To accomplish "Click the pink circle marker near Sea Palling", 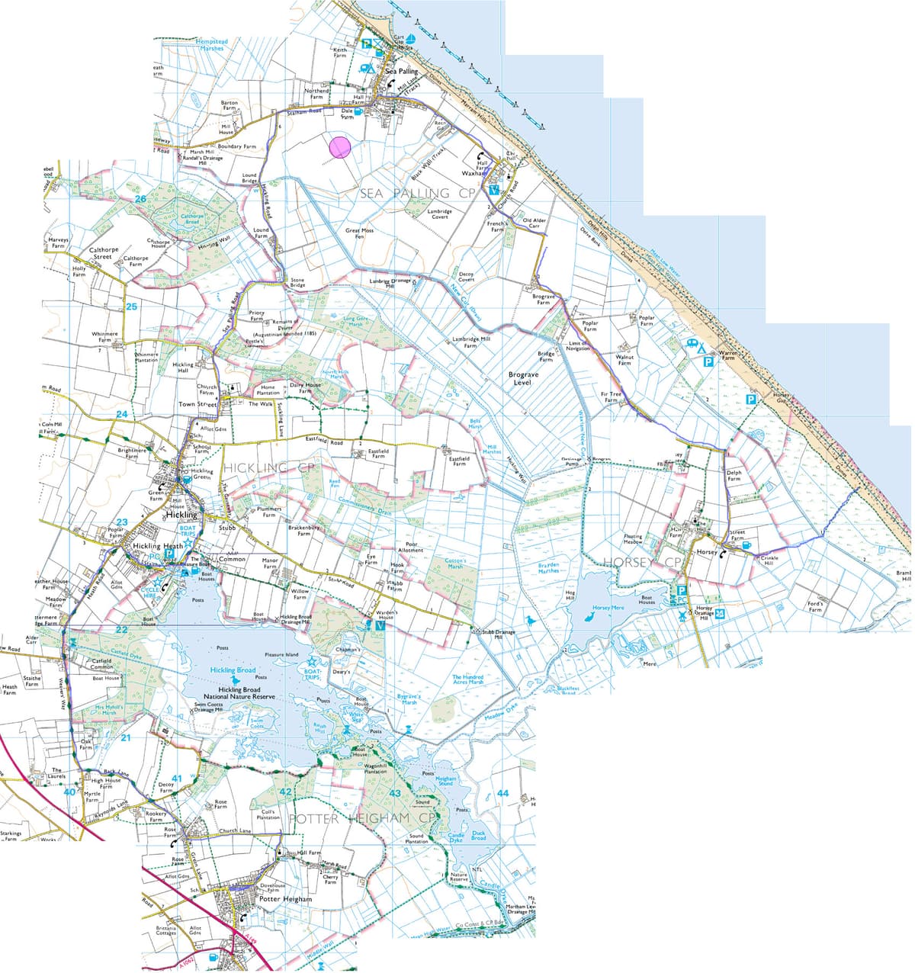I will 340,146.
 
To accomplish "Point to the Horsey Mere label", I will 608,608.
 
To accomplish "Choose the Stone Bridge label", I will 297,283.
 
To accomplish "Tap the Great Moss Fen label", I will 359,233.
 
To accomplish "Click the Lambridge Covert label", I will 439,214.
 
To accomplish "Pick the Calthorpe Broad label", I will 192,219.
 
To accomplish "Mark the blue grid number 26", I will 140,199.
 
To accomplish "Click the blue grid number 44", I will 502,794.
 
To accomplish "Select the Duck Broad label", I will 478,836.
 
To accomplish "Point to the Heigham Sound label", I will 445,781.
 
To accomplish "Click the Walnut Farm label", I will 624,360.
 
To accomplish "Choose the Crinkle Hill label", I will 769,560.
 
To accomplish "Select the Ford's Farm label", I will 815,606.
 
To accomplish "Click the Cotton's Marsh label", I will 455,564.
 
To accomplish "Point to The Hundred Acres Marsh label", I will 467,679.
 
